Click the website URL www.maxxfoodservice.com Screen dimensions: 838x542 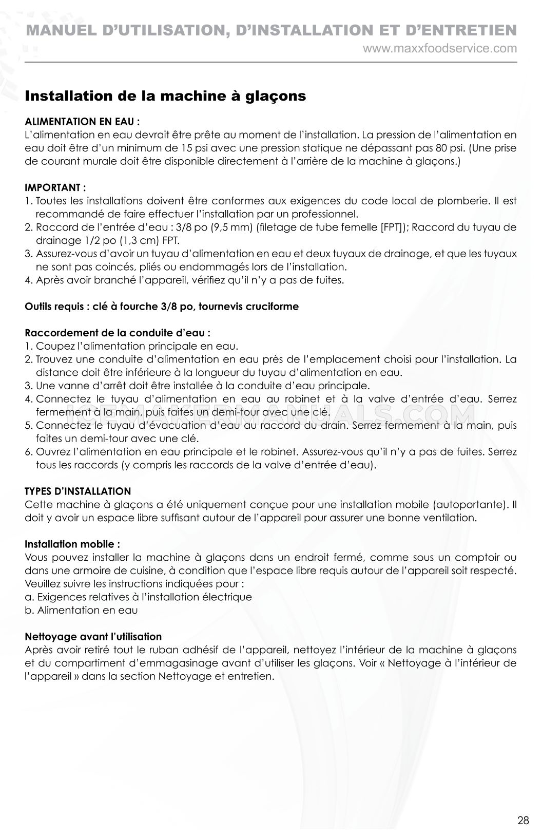(x=440, y=49)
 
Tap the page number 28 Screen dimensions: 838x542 (x=523, y=820)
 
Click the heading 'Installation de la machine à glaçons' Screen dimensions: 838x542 (x=165, y=96)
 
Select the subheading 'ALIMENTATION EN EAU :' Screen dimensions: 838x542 (x=82, y=122)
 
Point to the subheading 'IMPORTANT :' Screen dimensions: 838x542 (x=55, y=187)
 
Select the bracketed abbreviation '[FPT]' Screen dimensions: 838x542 (x=391, y=227)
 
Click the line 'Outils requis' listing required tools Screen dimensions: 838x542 (x=162, y=307)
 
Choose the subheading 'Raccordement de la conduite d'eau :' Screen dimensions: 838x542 (x=118, y=333)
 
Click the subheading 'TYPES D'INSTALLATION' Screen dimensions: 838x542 (x=78, y=491)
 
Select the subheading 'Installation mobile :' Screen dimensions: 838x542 (x=72, y=544)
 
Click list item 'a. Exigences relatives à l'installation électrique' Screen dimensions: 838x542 (x=139, y=597)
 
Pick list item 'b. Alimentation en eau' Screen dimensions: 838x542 (x=82, y=610)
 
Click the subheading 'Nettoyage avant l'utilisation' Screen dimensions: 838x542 (x=93, y=637)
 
